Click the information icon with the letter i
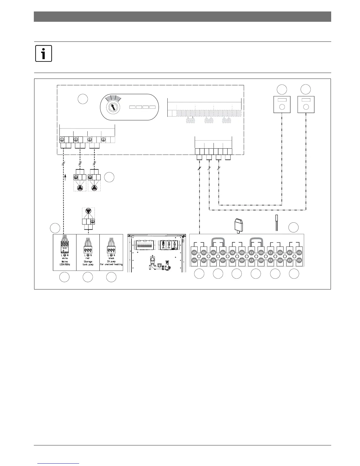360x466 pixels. (44, 54)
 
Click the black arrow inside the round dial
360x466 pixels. (113, 106)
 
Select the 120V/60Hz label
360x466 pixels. (65, 264)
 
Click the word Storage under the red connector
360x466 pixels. (88, 261)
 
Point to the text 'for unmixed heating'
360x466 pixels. (111, 264)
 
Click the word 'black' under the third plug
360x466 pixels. (111, 258)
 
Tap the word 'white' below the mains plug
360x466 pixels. (65, 258)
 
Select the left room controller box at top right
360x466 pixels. (282, 104)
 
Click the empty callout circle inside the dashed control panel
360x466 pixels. (83, 99)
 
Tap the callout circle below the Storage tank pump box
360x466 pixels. (88, 277)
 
